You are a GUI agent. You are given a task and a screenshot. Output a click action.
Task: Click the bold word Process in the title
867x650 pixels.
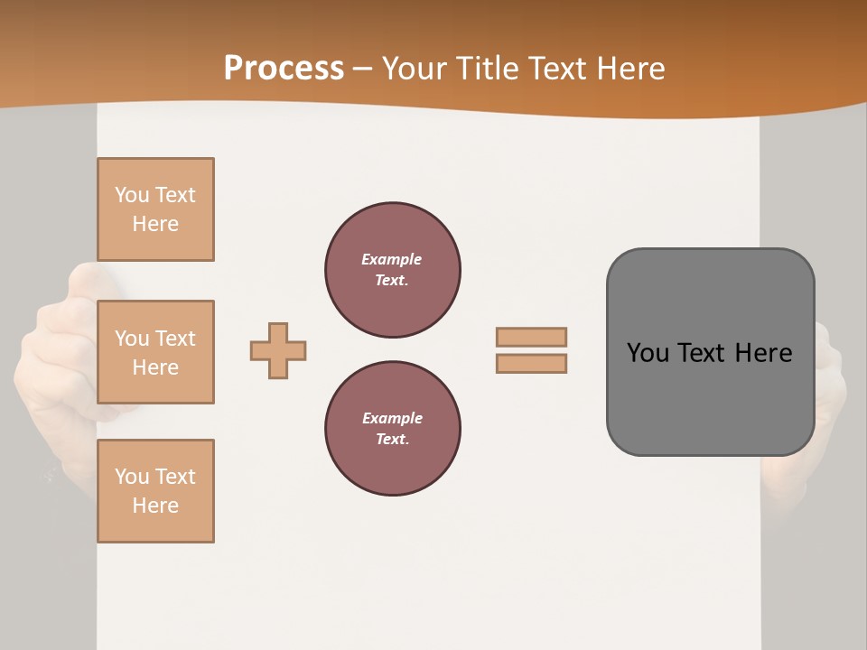pos(284,69)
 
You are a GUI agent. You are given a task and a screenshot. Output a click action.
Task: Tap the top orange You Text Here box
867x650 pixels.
pos(155,209)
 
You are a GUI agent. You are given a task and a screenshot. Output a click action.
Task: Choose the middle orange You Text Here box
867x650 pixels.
pos(155,352)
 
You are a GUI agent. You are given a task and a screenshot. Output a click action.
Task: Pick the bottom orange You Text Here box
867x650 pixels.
pos(155,491)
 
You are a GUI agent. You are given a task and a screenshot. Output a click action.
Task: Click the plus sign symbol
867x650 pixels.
pos(278,350)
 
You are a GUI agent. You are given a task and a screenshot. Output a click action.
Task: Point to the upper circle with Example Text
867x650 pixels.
pos(393,270)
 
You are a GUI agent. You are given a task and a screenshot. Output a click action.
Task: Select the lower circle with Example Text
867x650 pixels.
pos(393,429)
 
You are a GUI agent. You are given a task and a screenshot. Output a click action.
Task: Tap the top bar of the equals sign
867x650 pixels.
pos(531,337)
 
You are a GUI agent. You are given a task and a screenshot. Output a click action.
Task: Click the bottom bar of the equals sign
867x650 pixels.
pos(531,364)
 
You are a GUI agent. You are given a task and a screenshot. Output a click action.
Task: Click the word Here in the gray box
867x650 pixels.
pos(763,353)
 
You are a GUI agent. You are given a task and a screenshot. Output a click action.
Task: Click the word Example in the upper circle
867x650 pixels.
pos(392,259)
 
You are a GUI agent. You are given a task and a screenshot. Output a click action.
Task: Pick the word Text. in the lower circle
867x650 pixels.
pos(392,440)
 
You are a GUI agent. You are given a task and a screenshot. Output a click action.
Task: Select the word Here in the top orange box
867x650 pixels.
pos(155,224)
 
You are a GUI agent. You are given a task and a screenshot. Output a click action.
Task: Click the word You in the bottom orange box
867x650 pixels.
pos(132,477)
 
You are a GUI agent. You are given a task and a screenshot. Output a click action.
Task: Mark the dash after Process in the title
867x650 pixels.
pos(363,70)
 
